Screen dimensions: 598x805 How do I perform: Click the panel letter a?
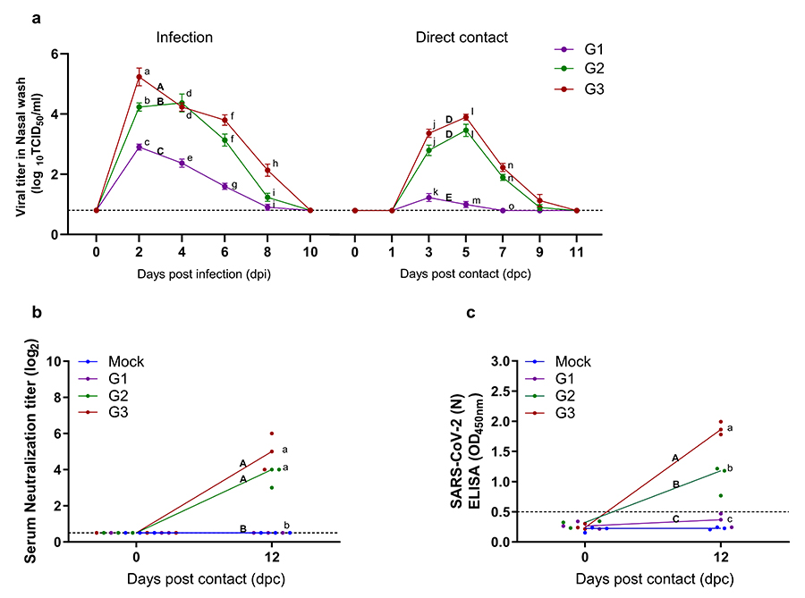(x=36, y=16)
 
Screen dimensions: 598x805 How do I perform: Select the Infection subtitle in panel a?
(x=184, y=38)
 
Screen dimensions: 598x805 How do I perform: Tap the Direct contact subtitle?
(x=462, y=38)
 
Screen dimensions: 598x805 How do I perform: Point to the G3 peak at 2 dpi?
(x=139, y=77)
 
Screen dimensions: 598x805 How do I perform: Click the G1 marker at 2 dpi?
(x=139, y=147)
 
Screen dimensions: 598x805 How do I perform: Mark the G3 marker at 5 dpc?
(x=466, y=117)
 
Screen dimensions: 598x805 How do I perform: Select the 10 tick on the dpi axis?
(x=309, y=251)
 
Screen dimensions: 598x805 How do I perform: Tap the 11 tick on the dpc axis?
(x=576, y=251)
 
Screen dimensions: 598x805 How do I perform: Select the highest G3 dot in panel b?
(x=272, y=434)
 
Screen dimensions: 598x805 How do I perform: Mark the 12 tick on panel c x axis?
(x=720, y=559)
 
